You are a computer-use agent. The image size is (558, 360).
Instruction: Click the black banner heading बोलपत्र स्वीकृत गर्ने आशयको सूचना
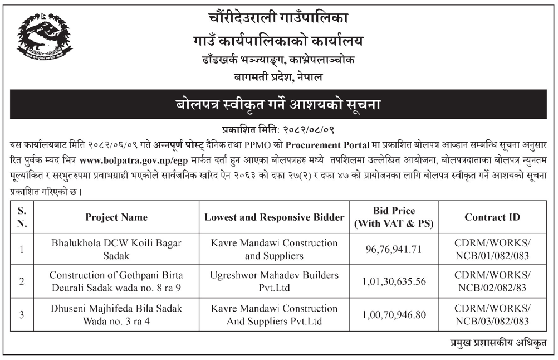click(x=278, y=104)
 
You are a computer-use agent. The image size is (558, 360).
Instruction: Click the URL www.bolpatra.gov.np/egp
click(x=126, y=160)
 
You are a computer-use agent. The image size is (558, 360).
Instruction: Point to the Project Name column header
click(x=116, y=217)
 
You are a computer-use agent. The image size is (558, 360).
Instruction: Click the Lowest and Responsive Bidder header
click(x=274, y=217)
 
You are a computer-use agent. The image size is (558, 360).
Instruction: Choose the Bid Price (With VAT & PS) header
click(x=394, y=217)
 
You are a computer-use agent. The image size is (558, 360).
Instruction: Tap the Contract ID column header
click(x=492, y=217)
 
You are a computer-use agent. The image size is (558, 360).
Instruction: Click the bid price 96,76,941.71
click(x=394, y=249)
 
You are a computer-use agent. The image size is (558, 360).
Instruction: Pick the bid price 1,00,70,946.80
click(x=394, y=314)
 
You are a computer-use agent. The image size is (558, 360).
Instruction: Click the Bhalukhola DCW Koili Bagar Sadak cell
click(x=116, y=249)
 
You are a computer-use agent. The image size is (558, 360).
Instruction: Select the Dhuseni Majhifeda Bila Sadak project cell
click(x=116, y=314)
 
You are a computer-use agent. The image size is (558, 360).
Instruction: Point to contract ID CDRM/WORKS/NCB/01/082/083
click(x=492, y=249)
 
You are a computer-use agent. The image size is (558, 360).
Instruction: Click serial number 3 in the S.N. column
click(x=21, y=314)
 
